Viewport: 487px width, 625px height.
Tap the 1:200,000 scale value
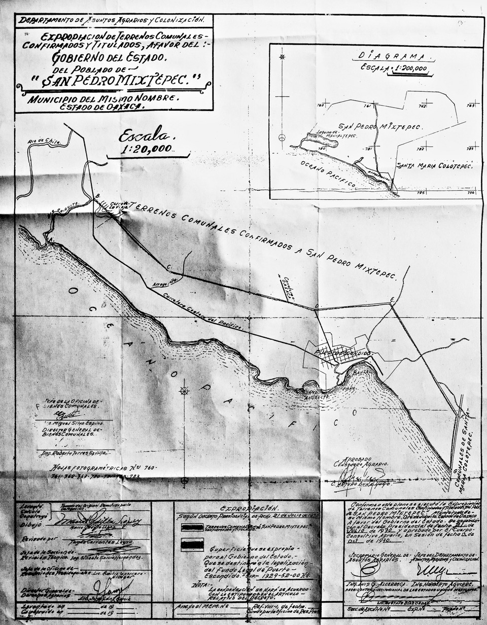click(408, 68)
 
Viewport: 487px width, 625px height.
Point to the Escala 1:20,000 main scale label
click(147, 142)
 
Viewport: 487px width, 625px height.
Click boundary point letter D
click(316, 306)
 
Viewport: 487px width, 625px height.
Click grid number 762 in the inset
click(422, 106)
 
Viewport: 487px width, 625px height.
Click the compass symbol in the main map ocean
click(184, 390)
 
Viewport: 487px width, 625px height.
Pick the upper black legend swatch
click(192, 527)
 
